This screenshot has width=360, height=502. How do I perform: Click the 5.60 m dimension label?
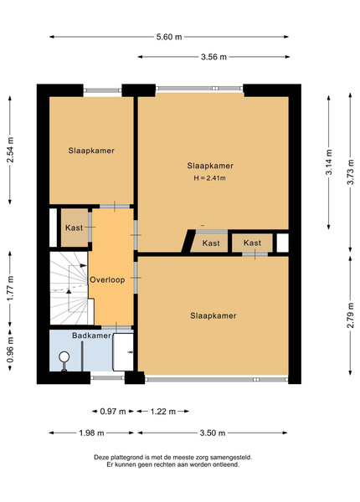pos(169,37)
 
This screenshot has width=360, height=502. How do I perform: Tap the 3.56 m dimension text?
pos(213,57)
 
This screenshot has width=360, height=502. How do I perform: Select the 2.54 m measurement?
pos(10,150)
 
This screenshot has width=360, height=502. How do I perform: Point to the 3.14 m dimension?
pos(329,162)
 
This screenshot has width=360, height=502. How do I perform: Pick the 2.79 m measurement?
pos(351,315)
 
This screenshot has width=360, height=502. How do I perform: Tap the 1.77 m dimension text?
pos(10,288)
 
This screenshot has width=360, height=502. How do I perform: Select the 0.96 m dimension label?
pos(10,350)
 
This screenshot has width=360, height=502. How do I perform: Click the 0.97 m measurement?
pos(113,412)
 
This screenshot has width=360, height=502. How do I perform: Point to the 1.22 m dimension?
pos(163,412)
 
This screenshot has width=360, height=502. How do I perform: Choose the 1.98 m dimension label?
pos(91,433)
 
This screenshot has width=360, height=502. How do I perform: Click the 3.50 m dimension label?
pos(213,433)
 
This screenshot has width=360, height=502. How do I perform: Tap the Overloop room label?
pos(107,279)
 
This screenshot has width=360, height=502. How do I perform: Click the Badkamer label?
pos(91,336)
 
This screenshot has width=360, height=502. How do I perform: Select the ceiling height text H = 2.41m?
pos(210,178)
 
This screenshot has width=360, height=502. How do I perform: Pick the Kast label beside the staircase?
pos(74,228)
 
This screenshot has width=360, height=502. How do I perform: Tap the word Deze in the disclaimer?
pos(100,458)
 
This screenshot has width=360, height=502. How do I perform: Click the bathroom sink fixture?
pos(123,352)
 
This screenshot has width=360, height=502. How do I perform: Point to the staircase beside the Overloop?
pos(69,288)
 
